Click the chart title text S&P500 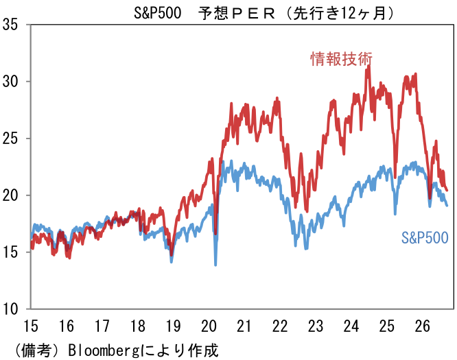[157, 13]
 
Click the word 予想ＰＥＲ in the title [237, 14]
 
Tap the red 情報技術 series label [341, 59]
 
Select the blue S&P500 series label [425, 238]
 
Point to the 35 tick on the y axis [10, 25]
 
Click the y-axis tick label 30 [10, 82]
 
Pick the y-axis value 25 [10, 139]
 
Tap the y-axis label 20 [10, 195]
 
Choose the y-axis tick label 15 [10, 252]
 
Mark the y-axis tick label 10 [10, 309]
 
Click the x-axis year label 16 [67, 326]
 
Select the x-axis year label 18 [137, 326]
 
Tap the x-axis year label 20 [209, 326]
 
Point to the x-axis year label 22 [280, 326]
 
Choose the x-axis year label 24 [351, 326]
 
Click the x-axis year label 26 [422, 326]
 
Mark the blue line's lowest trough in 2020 [215, 265]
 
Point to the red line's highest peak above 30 [369, 66]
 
